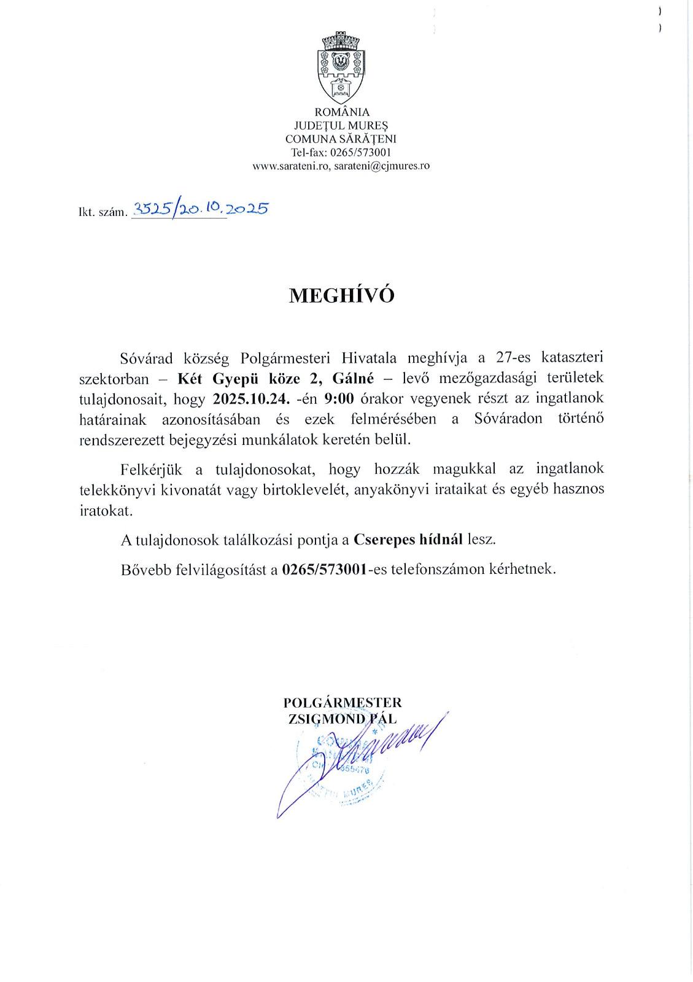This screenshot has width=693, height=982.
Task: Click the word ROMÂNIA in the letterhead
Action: (341, 112)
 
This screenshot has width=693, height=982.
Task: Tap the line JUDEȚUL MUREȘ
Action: (341, 126)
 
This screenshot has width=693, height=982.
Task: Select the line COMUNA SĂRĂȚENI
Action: (341, 139)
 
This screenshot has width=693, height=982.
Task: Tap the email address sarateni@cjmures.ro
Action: (382, 166)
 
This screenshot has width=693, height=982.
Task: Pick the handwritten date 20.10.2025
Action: (224, 209)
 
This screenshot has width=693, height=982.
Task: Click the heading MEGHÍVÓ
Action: (341, 295)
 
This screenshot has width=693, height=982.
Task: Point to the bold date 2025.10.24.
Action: (245, 398)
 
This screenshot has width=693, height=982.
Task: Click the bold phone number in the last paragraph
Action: (324, 569)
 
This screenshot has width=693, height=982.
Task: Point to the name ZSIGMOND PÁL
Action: (343, 718)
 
